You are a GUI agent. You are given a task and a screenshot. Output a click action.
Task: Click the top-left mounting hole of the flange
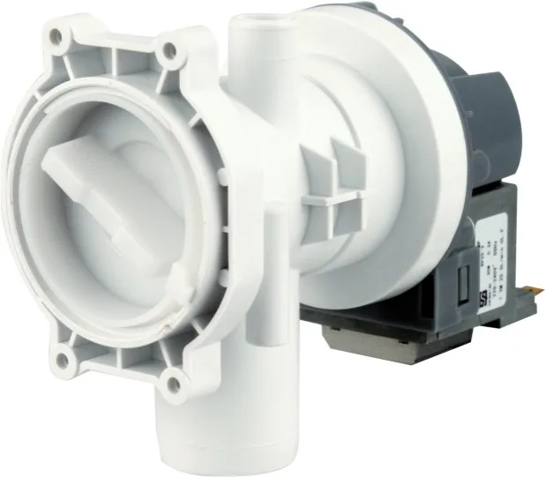pyautogui.click(x=57, y=36)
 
